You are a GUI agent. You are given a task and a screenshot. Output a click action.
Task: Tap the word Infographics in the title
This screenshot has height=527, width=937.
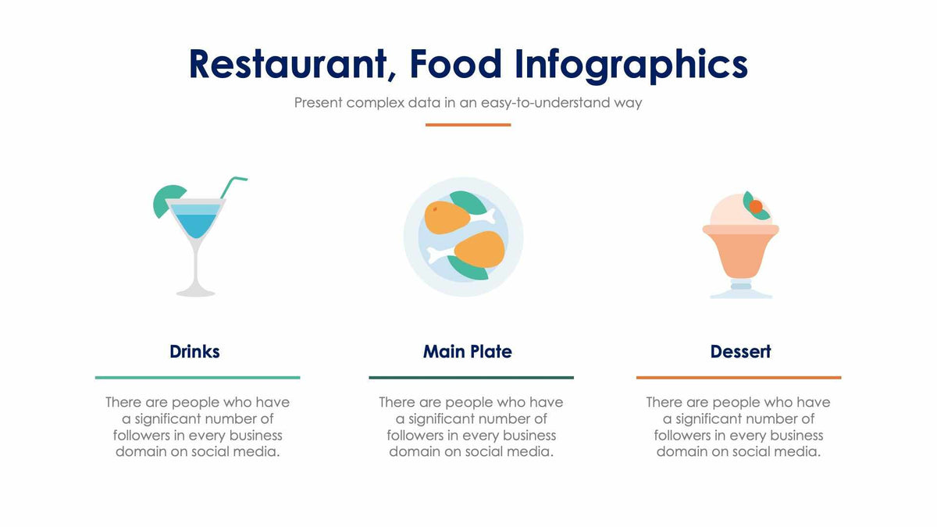click(x=631, y=64)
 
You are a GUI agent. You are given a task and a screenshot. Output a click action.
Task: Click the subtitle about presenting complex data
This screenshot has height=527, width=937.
click(x=468, y=102)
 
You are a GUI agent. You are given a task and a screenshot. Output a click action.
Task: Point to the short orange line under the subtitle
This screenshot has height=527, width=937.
click(x=468, y=124)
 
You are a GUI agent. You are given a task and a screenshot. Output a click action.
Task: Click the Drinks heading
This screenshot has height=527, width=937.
click(x=194, y=351)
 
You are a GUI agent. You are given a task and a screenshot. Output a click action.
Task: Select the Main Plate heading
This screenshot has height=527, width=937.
click(x=467, y=351)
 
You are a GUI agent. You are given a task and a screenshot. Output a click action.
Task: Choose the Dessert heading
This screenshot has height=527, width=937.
click(x=740, y=351)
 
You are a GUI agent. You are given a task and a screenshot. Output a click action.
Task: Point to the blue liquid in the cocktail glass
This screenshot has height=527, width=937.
click(x=195, y=225)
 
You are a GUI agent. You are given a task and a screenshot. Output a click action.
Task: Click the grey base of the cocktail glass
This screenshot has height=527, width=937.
click(x=195, y=292)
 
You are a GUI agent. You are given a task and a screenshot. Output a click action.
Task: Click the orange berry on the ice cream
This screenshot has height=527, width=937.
click(x=755, y=206)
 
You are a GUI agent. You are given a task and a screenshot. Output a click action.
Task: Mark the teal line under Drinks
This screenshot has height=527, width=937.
click(x=198, y=377)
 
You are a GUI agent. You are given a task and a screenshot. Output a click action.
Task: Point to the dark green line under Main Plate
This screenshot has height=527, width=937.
click(x=471, y=377)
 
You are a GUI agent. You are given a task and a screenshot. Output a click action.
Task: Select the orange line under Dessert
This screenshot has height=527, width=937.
click(x=739, y=377)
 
